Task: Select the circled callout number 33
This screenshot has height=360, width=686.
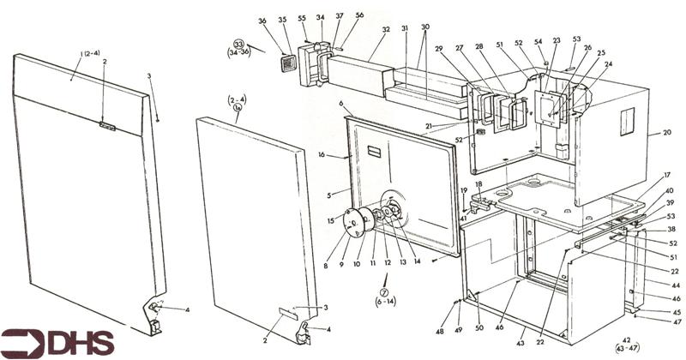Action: click(239, 45)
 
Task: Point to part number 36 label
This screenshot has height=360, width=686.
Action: click(262, 21)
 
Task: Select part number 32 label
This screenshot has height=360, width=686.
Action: click(387, 29)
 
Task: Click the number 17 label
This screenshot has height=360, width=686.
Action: click(666, 175)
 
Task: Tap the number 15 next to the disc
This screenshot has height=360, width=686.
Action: click(330, 222)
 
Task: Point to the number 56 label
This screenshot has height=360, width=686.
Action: click(359, 15)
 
